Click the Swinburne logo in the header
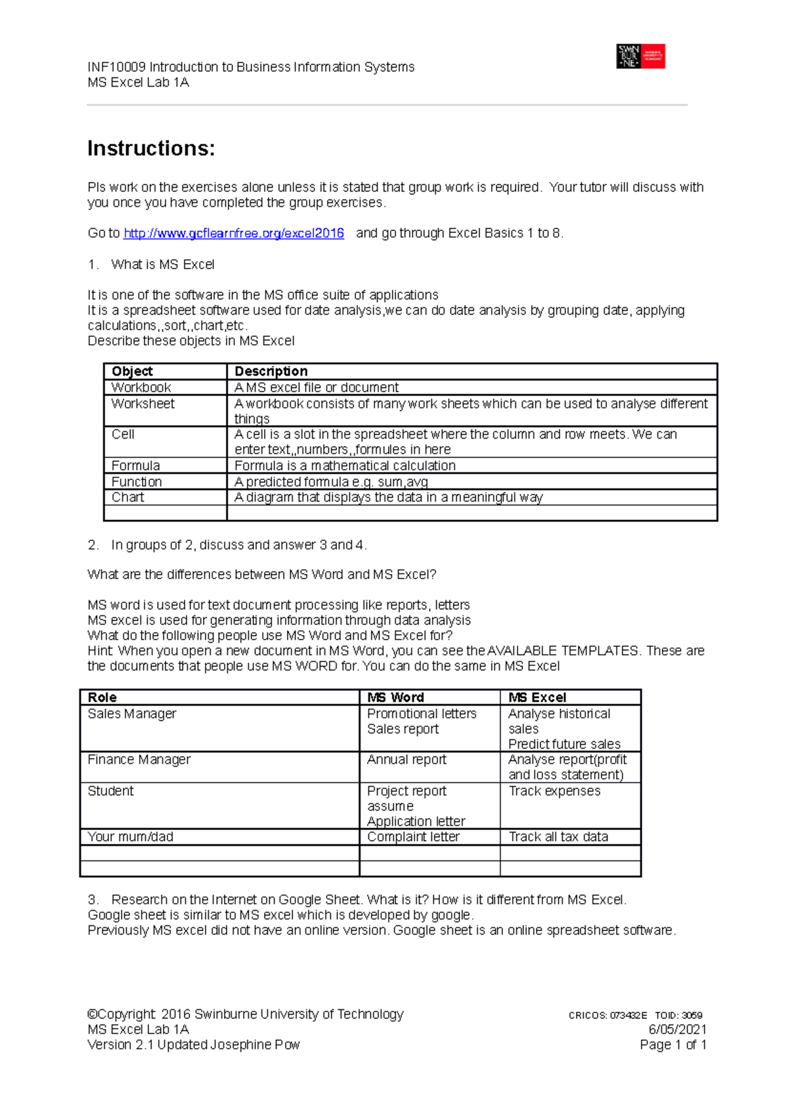(640, 56)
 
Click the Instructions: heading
(151, 148)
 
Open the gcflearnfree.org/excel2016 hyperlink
(234, 233)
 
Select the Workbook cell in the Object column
(141, 387)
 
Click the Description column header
(271, 371)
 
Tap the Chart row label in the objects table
(127, 497)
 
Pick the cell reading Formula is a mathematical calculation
(345, 466)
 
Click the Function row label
(137, 481)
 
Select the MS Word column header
(395, 697)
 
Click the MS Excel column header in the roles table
(536, 697)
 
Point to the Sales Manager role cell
(132, 714)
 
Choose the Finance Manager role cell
(139, 760)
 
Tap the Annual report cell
(406, 760)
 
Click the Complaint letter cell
(413, 837)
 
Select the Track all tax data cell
(558, 837)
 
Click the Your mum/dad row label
(130, 837)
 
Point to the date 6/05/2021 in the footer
(677, 1029)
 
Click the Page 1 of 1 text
(672, 1045)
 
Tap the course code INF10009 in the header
(116, 67)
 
